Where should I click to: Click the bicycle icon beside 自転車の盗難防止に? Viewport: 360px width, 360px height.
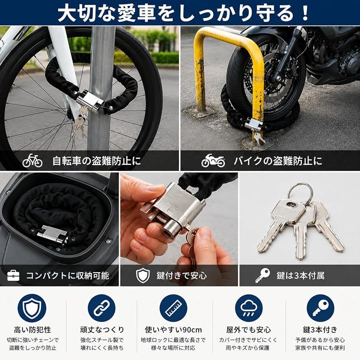pyautogui.click(x=32, y=160)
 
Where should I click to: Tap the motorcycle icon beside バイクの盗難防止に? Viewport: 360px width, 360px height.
pyautogui.click(x=213, y=160)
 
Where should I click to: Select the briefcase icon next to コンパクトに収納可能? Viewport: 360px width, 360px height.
pyautogui.click(x=13, y=275)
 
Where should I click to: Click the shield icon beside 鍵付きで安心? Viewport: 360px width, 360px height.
pyautogui.click(x=143, y=275)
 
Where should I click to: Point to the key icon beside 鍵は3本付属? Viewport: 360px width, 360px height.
pyautogui.click(x=262, y=275)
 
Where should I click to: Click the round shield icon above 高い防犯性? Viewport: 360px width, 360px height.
pyautogui.click(x=32, y=308)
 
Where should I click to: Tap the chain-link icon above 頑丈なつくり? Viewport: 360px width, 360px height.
pyautogui.click(x=101, y=308)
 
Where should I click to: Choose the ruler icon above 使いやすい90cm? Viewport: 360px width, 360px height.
pyautogui.click(x=173, y=308)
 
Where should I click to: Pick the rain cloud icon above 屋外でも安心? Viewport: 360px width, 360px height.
pyautogui.click(x=249, y=308)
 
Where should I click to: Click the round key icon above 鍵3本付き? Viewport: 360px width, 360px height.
pyautogui.click(x=320, y=308)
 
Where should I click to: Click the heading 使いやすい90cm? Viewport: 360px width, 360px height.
pyautogui.click(x=173, y=330)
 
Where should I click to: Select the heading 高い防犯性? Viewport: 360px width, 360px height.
pyautogui.click(x=32, y=330)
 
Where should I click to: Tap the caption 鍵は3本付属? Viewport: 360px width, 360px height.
pyautogui.click(x=300, y=275)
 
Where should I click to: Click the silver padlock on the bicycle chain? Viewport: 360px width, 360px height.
pyautogui.click(x=89, y=100)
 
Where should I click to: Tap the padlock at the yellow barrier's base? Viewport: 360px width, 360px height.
pyautogui.click(x=253, y=124)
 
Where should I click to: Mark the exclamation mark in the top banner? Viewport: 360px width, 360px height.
pyautogui.click(x=305, y=12)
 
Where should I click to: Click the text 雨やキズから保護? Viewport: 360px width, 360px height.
pyautogui.click(x=247, y=348)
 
